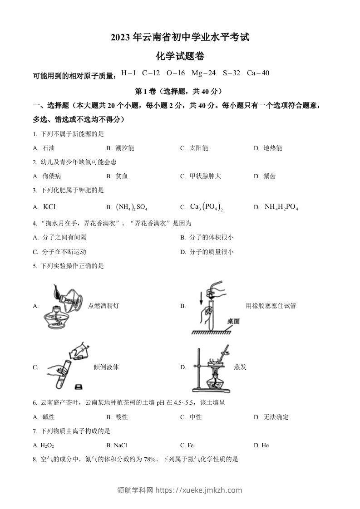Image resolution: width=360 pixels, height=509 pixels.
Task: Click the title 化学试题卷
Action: point(180,56)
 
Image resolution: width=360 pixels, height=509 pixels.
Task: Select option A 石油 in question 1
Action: point(49,148)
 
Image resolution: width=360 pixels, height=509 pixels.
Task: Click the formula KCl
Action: point(49,207)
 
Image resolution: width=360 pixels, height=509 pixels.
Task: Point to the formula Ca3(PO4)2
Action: point(207,207)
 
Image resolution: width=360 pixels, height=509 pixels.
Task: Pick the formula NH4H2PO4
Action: point(281,207)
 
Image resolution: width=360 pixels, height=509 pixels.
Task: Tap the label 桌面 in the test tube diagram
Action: point(233,321)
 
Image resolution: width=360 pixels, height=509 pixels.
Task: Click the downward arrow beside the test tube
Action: point(200,298)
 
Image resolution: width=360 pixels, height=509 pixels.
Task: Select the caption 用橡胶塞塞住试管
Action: point(271,306)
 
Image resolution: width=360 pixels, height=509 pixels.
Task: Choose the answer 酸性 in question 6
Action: point(122,417)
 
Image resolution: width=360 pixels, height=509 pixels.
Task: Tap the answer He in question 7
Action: point(265,445)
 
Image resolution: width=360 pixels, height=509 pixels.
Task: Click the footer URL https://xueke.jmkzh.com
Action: point(198,490)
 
